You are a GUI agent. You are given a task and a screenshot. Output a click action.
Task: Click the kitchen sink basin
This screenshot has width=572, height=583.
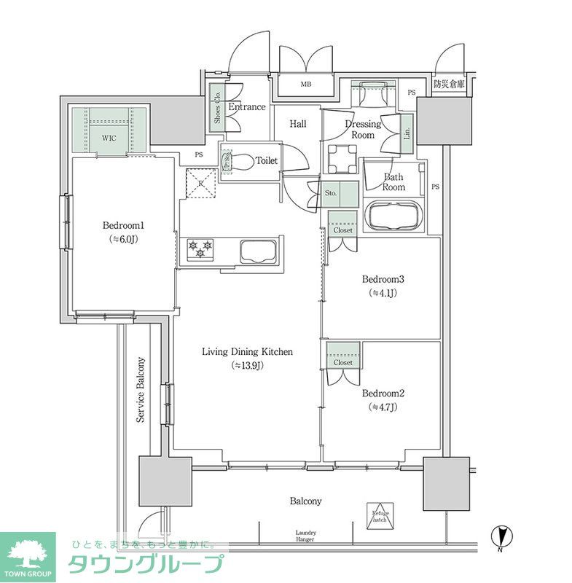[x=256, y=251]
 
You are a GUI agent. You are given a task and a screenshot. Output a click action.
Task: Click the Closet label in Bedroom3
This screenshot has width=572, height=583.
[x=342, y=230]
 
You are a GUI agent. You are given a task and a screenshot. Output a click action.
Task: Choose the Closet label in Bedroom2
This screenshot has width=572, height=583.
[x=342, y=362]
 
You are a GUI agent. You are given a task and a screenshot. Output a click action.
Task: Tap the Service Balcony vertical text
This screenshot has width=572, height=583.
[x=141, y=390]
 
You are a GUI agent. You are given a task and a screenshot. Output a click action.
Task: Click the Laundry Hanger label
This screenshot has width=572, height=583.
[x=305, y=536]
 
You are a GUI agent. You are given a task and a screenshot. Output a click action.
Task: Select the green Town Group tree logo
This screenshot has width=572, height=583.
[x=27, y=556]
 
